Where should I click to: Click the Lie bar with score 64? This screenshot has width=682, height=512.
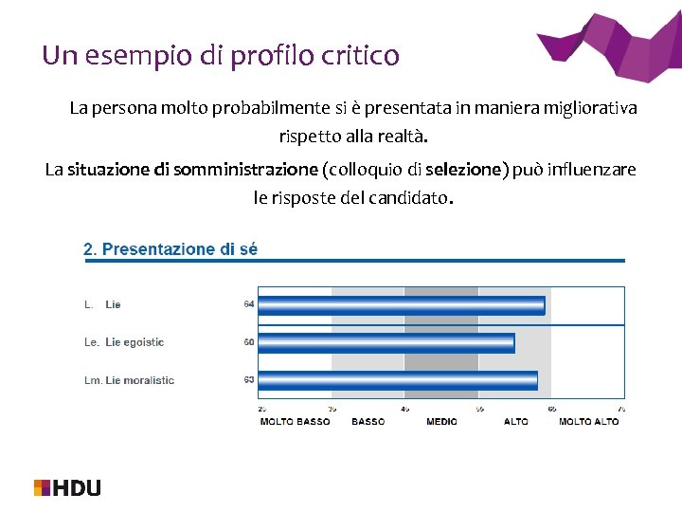point(401,305)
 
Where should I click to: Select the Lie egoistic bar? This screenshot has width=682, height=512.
point(386,342)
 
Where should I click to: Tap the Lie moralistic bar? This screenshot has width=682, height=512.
point(397,380)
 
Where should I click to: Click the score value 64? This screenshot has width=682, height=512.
point(248,304)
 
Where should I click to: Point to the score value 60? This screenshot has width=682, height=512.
point(248,342)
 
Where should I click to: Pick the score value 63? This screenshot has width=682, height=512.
point(248,380)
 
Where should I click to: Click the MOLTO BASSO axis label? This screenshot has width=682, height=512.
point(295,422)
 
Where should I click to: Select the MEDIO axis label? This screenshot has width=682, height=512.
point(441,422)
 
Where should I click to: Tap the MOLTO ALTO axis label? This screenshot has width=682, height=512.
point(588,422)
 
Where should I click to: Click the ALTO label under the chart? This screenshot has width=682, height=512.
point(515,422)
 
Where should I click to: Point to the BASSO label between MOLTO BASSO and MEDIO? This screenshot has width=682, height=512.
point(368,422)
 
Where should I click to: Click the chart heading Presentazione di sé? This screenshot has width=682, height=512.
point(170,249)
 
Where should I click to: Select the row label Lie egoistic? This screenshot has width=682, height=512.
point(135,342)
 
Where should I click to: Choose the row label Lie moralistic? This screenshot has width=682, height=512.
point(139,380)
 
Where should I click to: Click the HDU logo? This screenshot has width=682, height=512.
point(67,487)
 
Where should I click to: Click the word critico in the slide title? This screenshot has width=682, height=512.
point(361,56)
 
